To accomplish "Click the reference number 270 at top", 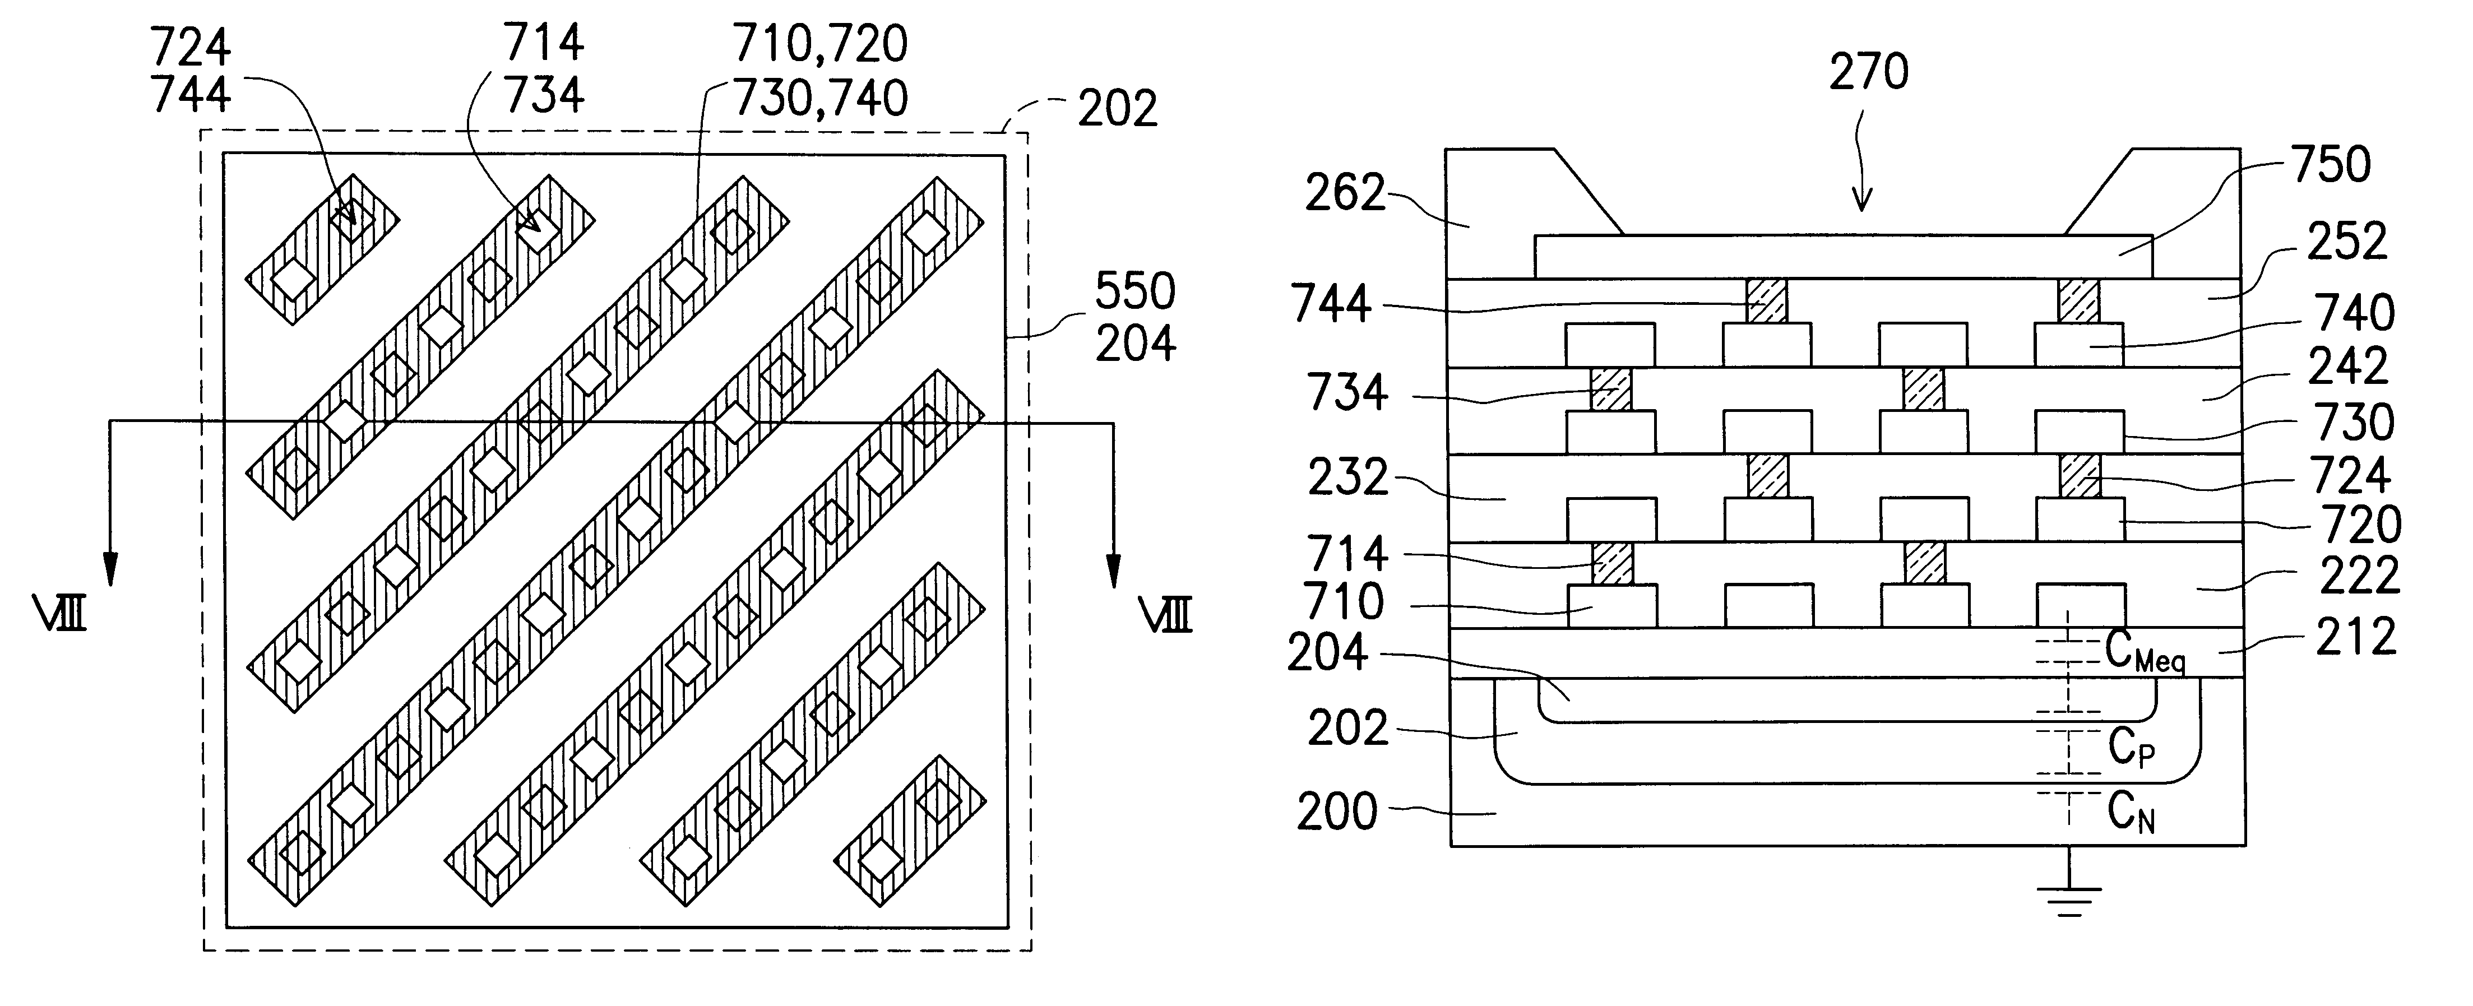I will (1868, 73).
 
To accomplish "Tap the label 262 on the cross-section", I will (1345, 194).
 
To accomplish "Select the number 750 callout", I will (2331, 165).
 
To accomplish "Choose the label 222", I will (2359, 577).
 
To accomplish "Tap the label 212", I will (2356, 637).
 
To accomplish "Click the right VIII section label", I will (1165, 614).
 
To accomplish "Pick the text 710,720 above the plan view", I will (820, 44).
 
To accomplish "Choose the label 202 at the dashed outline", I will (1118, 109).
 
